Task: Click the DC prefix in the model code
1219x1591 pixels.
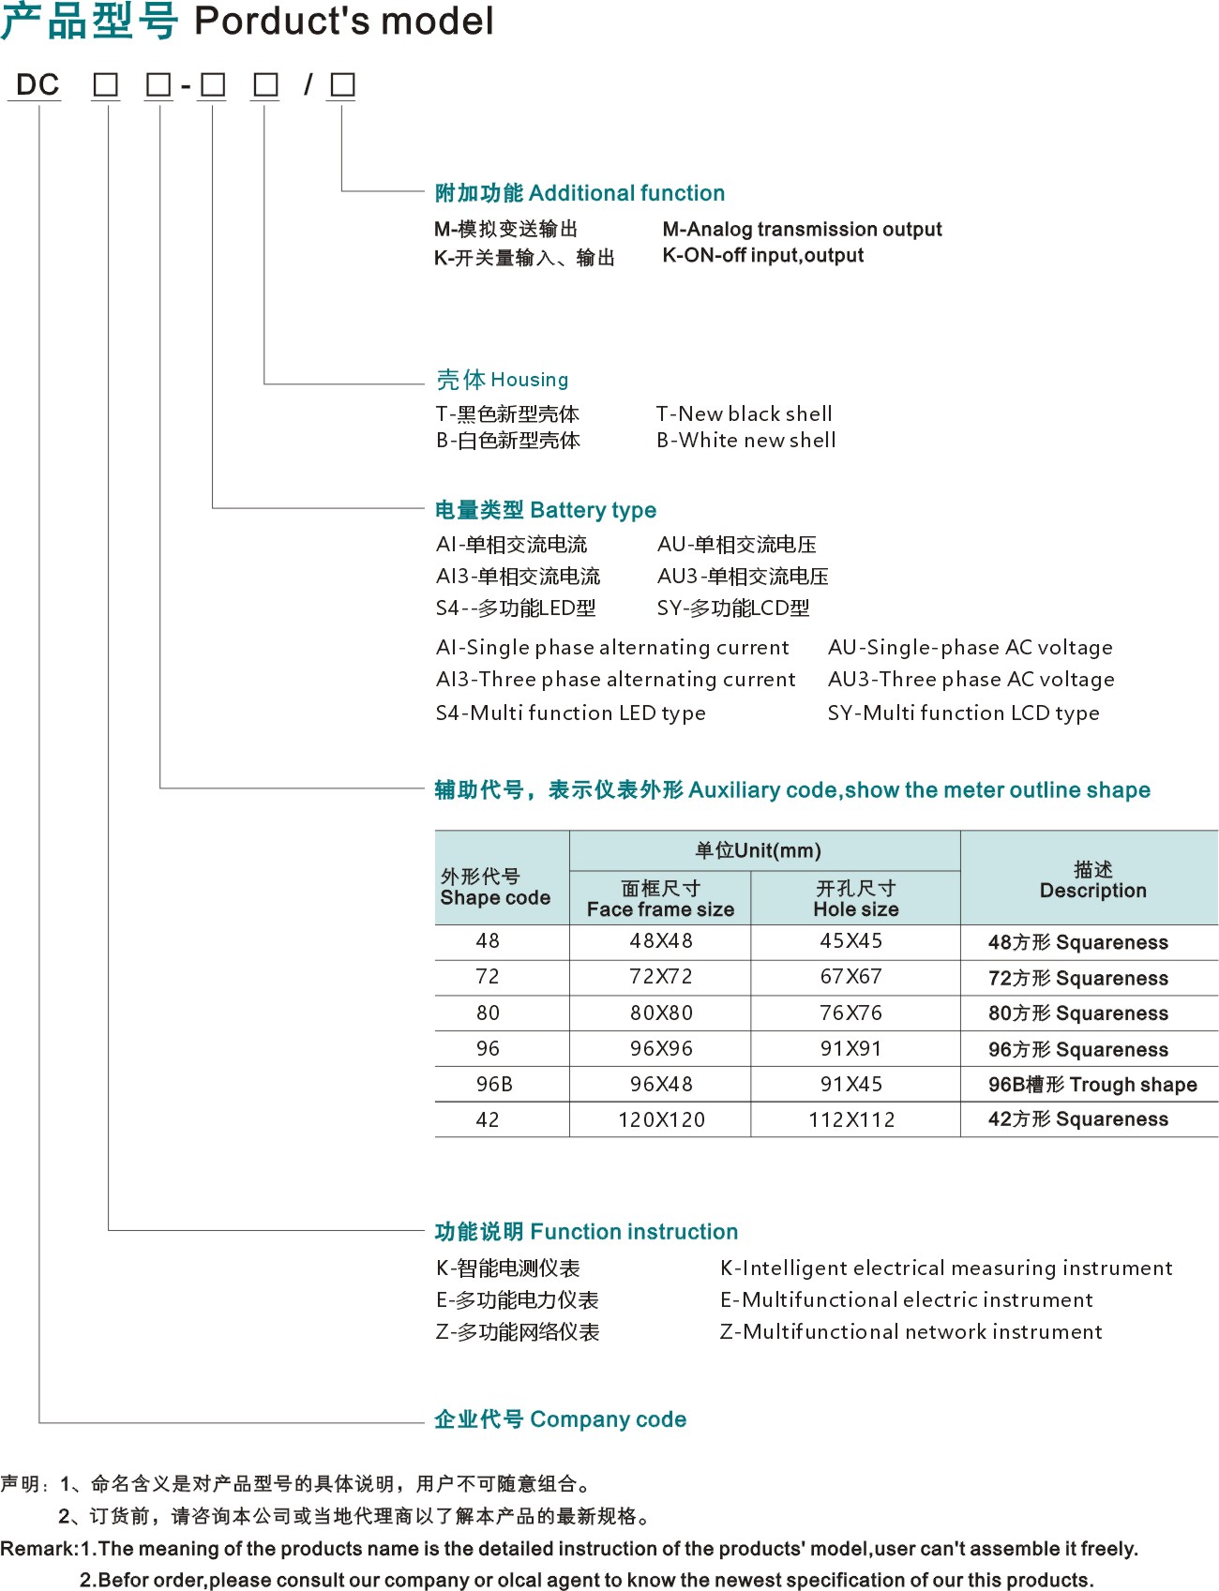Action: coord(38,85)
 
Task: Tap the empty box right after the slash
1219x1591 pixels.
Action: coord(342,85)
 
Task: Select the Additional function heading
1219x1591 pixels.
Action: coord(579,193)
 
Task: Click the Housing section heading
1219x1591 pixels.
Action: coord(502,380)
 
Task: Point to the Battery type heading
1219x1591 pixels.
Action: coord(545,510)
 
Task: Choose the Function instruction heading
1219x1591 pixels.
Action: coord(586,1231)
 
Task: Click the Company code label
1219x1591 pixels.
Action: coord(560,1419)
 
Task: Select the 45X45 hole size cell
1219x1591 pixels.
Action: coord(851,941)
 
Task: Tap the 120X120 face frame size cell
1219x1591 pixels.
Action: coord(661,1119)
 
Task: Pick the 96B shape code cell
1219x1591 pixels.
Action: coord(494,1085)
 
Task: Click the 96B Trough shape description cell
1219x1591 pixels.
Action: coord(1092,1085)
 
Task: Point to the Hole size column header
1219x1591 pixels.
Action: coord(855,899)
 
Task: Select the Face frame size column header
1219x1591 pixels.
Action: coord(660,899)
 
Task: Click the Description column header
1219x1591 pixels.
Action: coord(1092,880)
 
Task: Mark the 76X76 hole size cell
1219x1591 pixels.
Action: coord(851,1013)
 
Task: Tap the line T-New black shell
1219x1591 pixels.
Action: coord(744,414)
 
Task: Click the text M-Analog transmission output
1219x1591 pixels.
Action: coord(802,230)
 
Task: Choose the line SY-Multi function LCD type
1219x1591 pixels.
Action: coord(963,713)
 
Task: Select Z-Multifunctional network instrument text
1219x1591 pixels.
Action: coord(910,1332)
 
